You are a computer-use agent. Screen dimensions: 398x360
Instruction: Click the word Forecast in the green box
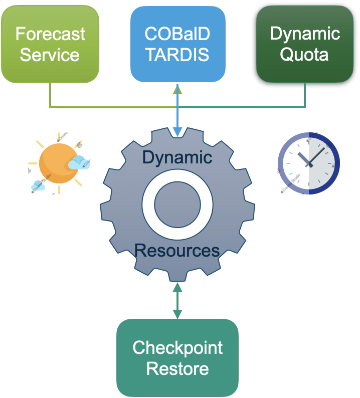[x=50, y=34]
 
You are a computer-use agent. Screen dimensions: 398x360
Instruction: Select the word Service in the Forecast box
[x=50, y=55]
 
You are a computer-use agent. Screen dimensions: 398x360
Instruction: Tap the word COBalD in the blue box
[x=177, y=34]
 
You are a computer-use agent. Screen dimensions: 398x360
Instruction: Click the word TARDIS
[x=177, y=55]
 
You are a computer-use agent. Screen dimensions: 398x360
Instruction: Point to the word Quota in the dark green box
[x=304, y=54]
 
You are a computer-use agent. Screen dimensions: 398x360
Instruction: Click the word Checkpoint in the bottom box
[x=177, y=347]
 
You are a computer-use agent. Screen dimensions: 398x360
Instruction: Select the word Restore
[x=177, y=369]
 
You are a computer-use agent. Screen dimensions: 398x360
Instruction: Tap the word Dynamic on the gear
[x=177, y=157]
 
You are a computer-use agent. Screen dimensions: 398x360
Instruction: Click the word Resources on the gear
[x=177, y=250]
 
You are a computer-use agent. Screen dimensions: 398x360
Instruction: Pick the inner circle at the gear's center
[x=177, y=204]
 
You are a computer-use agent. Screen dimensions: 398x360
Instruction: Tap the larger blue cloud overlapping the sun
[x=79, y=162]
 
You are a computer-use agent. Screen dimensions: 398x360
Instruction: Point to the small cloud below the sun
[x=38, y=186]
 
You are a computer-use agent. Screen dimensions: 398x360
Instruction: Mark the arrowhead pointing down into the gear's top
[x=177, y=132]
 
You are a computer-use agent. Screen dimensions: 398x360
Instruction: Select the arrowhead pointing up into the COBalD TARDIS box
[x=177, y=89]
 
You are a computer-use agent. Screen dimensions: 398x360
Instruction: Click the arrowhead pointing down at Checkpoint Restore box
[x=177, y=314]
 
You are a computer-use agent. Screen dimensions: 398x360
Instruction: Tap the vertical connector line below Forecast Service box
[x=50, y=95]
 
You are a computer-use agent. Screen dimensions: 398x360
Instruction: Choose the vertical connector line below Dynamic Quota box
[x=305, y=95]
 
